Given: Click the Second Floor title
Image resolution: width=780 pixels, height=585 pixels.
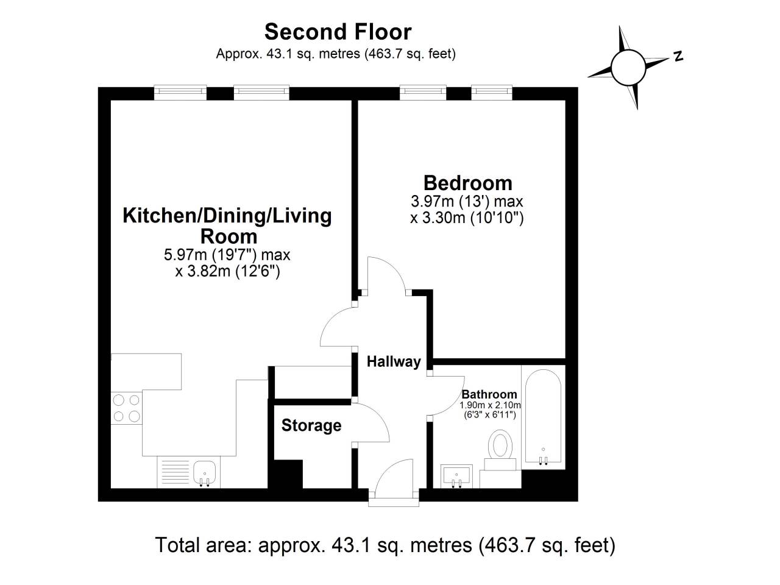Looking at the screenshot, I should coord(338,32).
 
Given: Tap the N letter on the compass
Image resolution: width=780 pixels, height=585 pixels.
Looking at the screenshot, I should coord(678,57).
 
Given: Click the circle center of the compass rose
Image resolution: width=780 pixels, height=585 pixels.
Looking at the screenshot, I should coord(627,67).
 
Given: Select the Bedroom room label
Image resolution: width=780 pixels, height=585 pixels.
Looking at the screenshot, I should coord(467,183).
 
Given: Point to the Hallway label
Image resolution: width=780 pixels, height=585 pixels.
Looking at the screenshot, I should coord(394,361).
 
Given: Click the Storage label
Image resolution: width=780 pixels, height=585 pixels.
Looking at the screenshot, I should coord(311,425).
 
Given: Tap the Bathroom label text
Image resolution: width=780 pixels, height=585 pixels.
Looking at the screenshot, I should coord(489,394).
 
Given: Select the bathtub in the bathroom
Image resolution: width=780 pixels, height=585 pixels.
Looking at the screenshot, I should coord(543,417).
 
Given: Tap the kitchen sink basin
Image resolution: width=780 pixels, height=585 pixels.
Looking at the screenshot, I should coord(205,472).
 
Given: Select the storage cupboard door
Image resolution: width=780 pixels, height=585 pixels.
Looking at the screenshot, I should coord(372,424).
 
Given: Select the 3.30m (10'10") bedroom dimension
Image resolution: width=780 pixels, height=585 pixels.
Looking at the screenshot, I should coord(467,217).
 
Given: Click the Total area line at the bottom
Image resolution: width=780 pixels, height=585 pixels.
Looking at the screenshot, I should coord(385,544).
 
